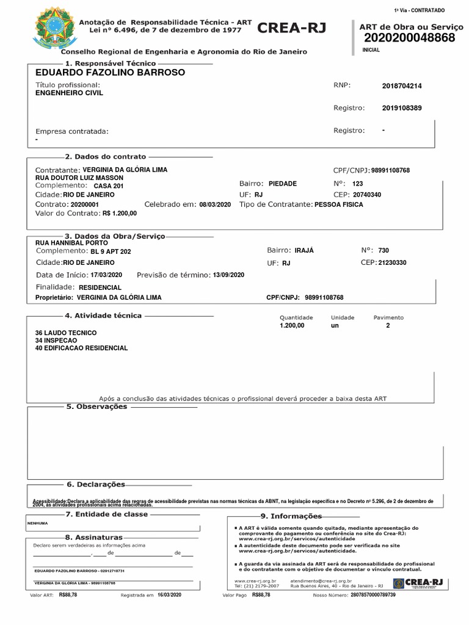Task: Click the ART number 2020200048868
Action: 409,38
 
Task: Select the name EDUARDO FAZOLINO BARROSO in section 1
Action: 110,73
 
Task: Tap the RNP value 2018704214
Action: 402,86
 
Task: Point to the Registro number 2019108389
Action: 402,108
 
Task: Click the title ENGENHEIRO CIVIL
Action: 70,93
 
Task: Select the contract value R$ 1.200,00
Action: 120,214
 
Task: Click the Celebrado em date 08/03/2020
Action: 215,205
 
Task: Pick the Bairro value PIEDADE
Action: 282,184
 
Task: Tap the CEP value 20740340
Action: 367,195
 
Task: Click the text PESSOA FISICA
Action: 338,205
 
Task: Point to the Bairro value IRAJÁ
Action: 304,251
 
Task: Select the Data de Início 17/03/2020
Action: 106,275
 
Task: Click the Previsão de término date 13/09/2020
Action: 228,275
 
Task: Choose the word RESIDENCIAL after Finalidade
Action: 100,287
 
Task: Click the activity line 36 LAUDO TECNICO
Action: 66,333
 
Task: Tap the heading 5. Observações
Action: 96,406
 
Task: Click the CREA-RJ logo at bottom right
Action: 418,583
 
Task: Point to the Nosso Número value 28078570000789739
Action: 373,595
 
